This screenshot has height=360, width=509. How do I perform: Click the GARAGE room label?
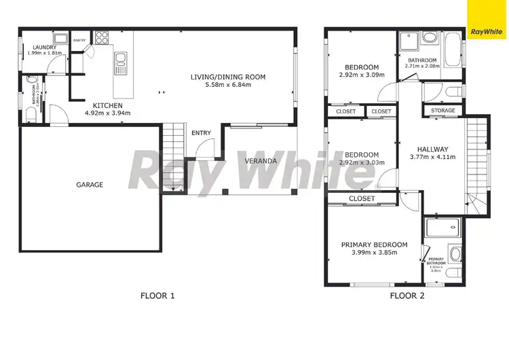[x=90, y=185]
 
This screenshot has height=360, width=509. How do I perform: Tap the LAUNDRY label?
[x=45, y=47]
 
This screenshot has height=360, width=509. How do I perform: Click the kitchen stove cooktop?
[x=102, y=37]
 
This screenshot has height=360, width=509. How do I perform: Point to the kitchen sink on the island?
[x=121, y=64]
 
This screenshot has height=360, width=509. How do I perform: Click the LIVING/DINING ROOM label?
[x=227, y=77]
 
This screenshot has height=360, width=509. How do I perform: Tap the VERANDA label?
[x=261, y=161]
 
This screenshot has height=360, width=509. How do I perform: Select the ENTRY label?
[x=201, y=132]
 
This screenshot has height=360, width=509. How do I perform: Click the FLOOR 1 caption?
[x=157, y=295]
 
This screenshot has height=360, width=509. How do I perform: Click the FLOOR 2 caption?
[x=407, y=295]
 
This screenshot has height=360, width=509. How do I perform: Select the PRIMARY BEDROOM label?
[x=374, y=245]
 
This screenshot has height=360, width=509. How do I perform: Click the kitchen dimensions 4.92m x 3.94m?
[x=107, y=113]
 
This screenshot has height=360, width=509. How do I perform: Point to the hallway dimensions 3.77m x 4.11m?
[x=432, y=157]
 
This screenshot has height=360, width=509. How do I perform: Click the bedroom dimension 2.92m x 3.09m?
[x=362, y=75]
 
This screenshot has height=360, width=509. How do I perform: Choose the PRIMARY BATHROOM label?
[x=436, y=261]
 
